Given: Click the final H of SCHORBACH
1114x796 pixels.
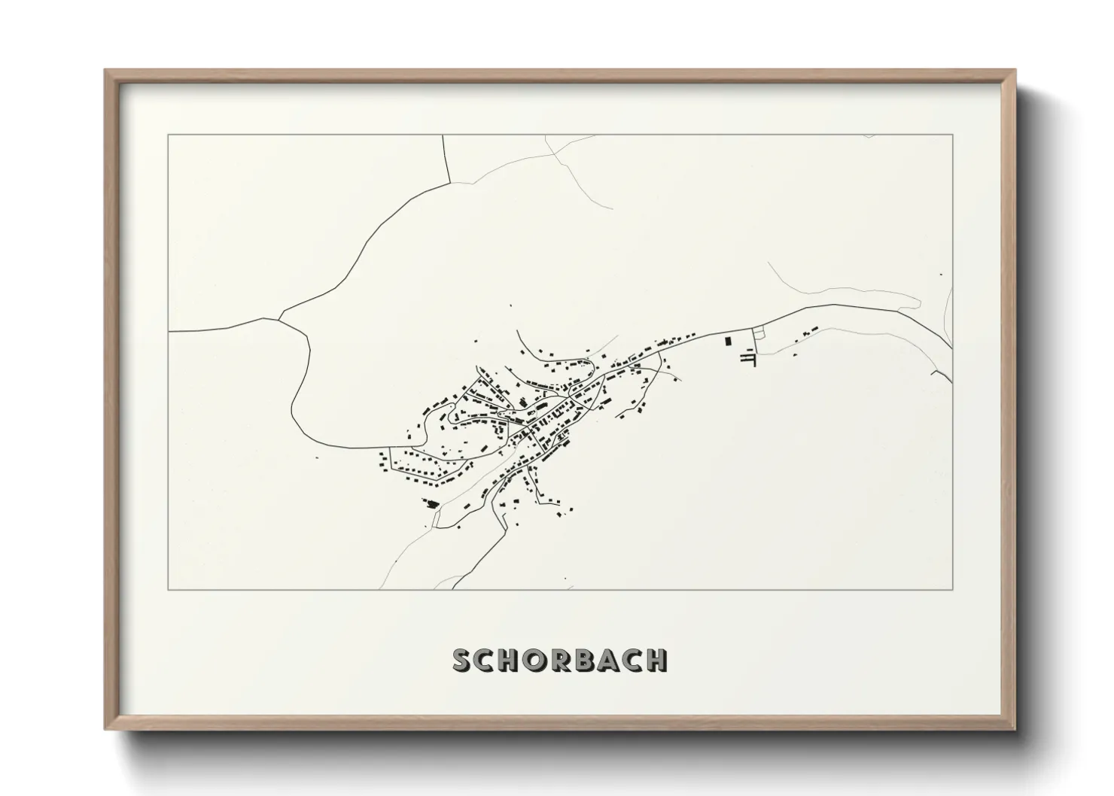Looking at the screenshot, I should pos(657,660).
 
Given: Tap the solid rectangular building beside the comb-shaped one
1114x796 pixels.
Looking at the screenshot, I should pos(728,341).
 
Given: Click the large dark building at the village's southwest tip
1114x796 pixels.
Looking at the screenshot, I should pos(431,503).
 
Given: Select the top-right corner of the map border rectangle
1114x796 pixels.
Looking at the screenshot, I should pos(953,135).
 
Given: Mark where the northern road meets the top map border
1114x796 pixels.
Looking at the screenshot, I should pos(443,135).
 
